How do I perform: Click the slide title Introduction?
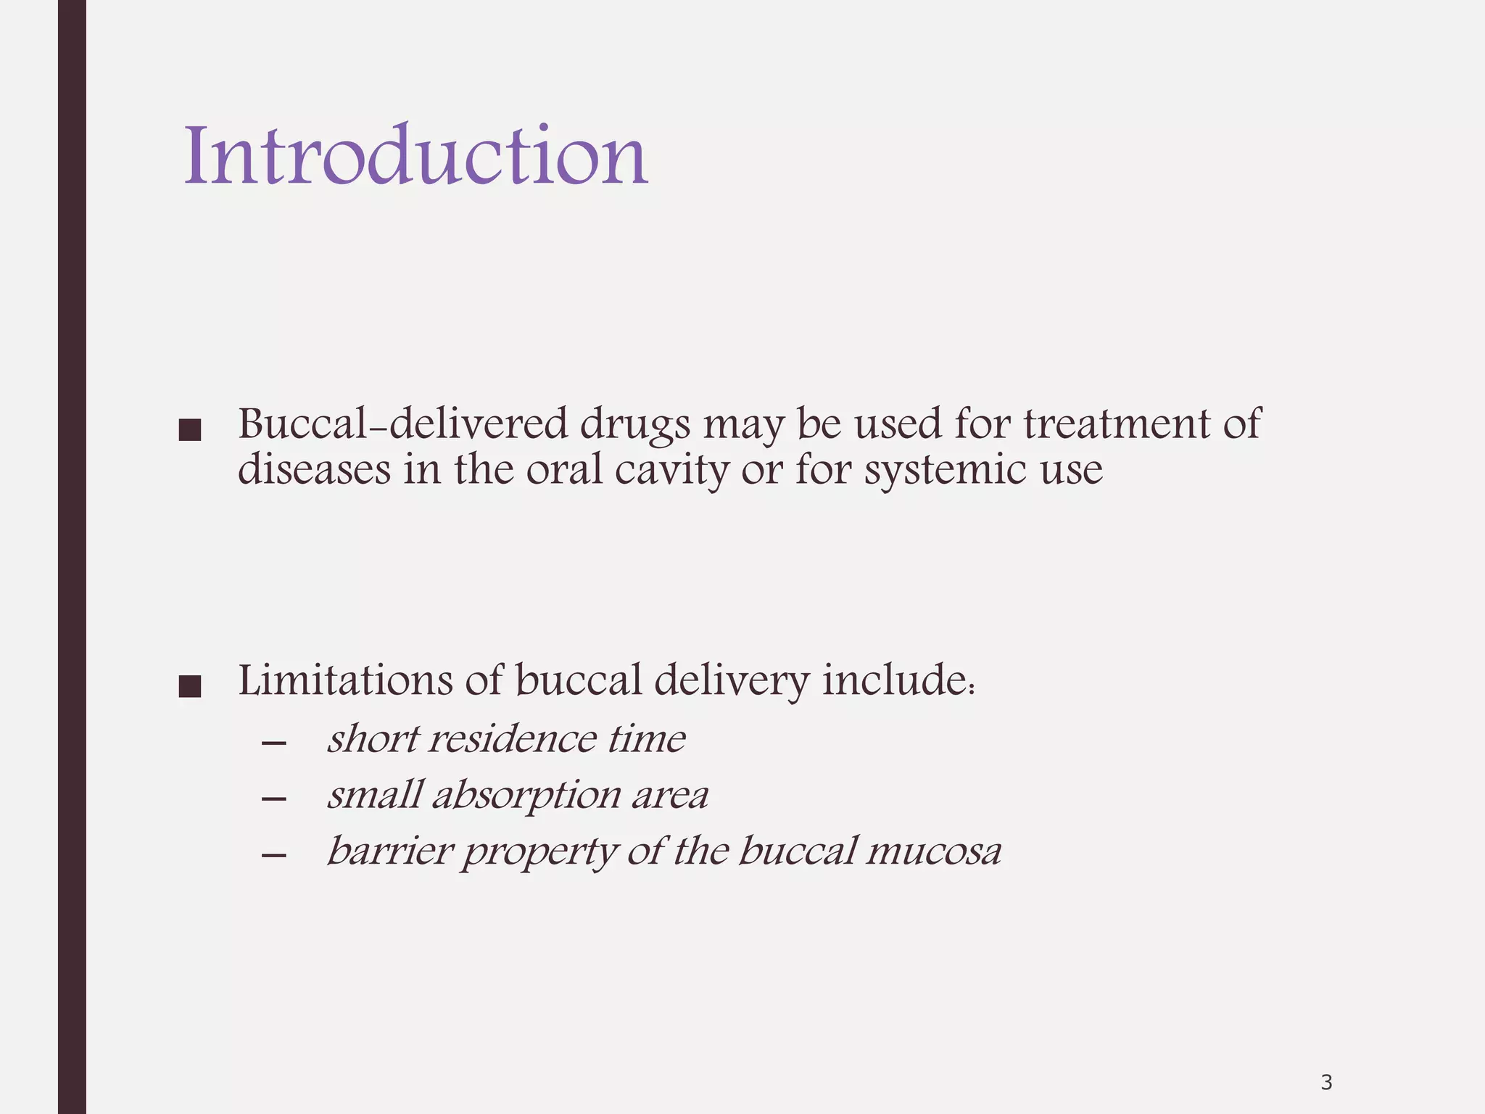click(415, 155)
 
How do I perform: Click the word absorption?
click(527, 796)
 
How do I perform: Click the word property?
click(540, 852)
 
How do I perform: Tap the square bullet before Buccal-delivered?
click(189, 431)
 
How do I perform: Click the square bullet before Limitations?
click(189, 687)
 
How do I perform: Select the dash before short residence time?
click(273, 743)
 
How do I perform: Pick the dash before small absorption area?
click(273, 799)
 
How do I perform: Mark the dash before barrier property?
click(273, 855)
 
